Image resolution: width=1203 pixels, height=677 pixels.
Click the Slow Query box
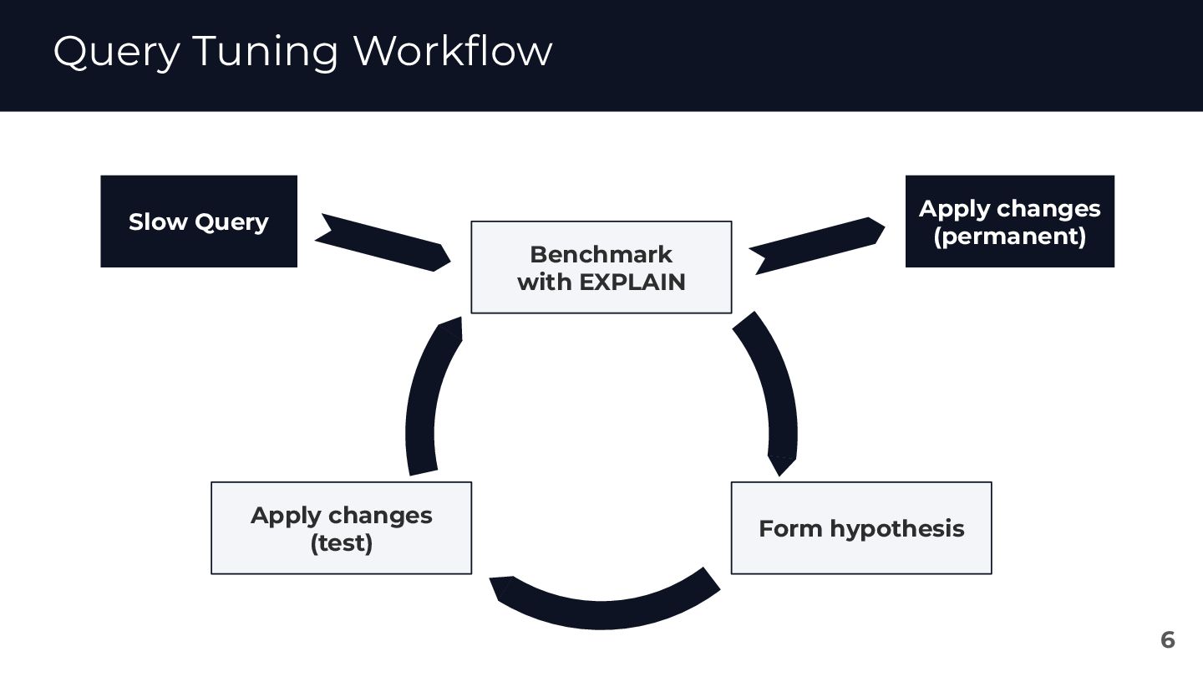pos(199,221)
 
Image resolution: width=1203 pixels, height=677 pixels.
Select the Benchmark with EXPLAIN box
pos(601,267)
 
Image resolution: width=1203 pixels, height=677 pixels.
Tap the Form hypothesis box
pos(860,528)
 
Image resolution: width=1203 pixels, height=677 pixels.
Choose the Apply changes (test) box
pos(341,528)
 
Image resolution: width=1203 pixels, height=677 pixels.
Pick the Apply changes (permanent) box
pos(1009,221)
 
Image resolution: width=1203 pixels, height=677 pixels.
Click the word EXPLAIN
pos(632,283)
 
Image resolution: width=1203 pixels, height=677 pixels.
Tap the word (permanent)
pos(1009,237)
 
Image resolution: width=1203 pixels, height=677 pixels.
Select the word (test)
pos(341,543)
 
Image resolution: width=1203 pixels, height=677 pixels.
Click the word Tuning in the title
pos(265,52)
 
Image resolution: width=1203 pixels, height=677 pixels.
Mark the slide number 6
pos(1167,640)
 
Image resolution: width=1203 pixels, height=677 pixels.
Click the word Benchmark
pos(601,254)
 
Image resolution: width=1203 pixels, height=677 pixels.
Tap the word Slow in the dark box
pos(158,222)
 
